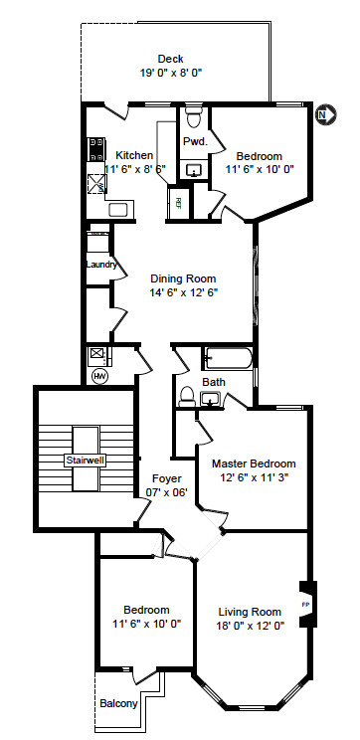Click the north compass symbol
(x=321, y=115)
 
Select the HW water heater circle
(x=99, y=376)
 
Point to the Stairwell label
(x=86, y=462)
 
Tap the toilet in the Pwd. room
(x=194, y=119)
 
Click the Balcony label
(x=118, y=704)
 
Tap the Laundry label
(x=101, y=265)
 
